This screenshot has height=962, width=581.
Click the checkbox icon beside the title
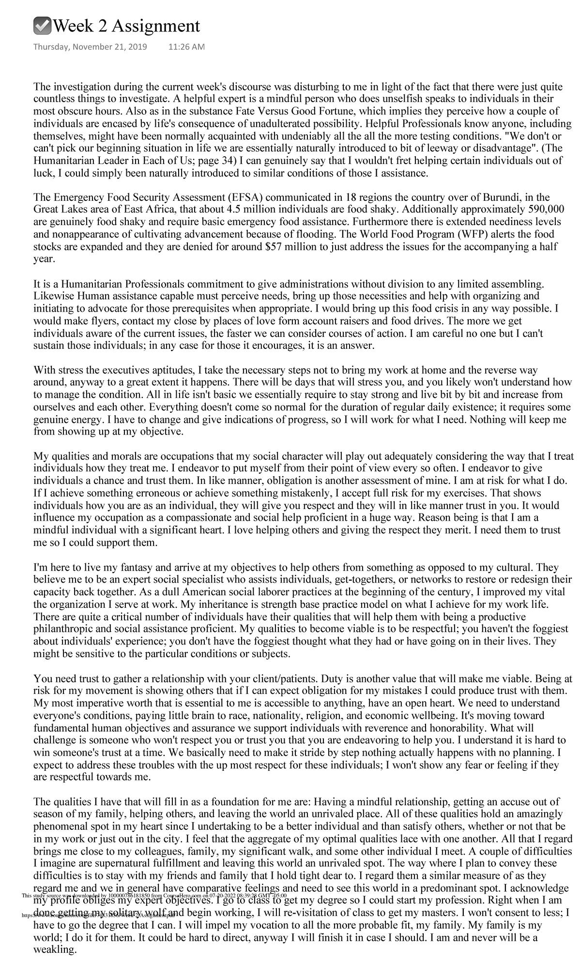pyautogui.click(x=42, y=26)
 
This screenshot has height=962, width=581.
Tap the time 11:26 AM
pyautogui.click(x=186, y=47)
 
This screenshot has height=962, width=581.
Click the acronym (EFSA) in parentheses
pyautogui.click(x=245, y=197)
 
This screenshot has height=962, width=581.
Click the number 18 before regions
pyautogui.click(x=352, y=197)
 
